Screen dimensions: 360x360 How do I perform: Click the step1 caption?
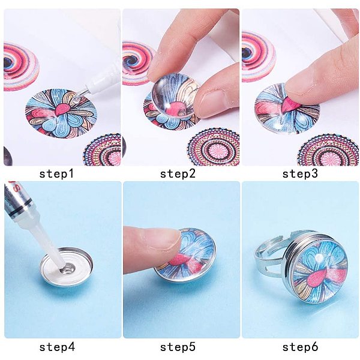pos(56,173)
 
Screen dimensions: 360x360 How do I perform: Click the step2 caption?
pos(178,173)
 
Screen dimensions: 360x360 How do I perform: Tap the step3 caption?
pos(300,173)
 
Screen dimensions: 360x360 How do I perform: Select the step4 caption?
pos(57,347)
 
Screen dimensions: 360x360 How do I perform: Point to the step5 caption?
pos(178,347)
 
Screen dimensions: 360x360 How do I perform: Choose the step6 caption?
pos(300,347)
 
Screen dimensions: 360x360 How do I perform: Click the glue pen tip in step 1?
pos(78,97)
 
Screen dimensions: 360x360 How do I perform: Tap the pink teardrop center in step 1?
pos(62,110)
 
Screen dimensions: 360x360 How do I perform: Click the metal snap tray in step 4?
pos(67,267)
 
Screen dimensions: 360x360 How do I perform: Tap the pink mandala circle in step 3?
pos(328,151)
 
